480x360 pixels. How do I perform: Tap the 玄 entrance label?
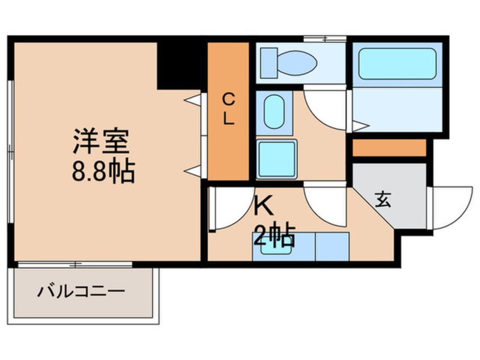coord(383,200)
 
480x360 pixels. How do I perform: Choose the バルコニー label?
coord(81,293)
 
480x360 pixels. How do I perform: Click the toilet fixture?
coord(290,62)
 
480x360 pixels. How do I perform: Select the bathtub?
coord(397,63)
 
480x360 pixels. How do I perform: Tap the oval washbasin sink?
coord(274,111)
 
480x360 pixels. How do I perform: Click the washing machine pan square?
coord(276,158)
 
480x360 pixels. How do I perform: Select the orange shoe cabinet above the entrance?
coord(389,148)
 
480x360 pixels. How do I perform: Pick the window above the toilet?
coord(325,39)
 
